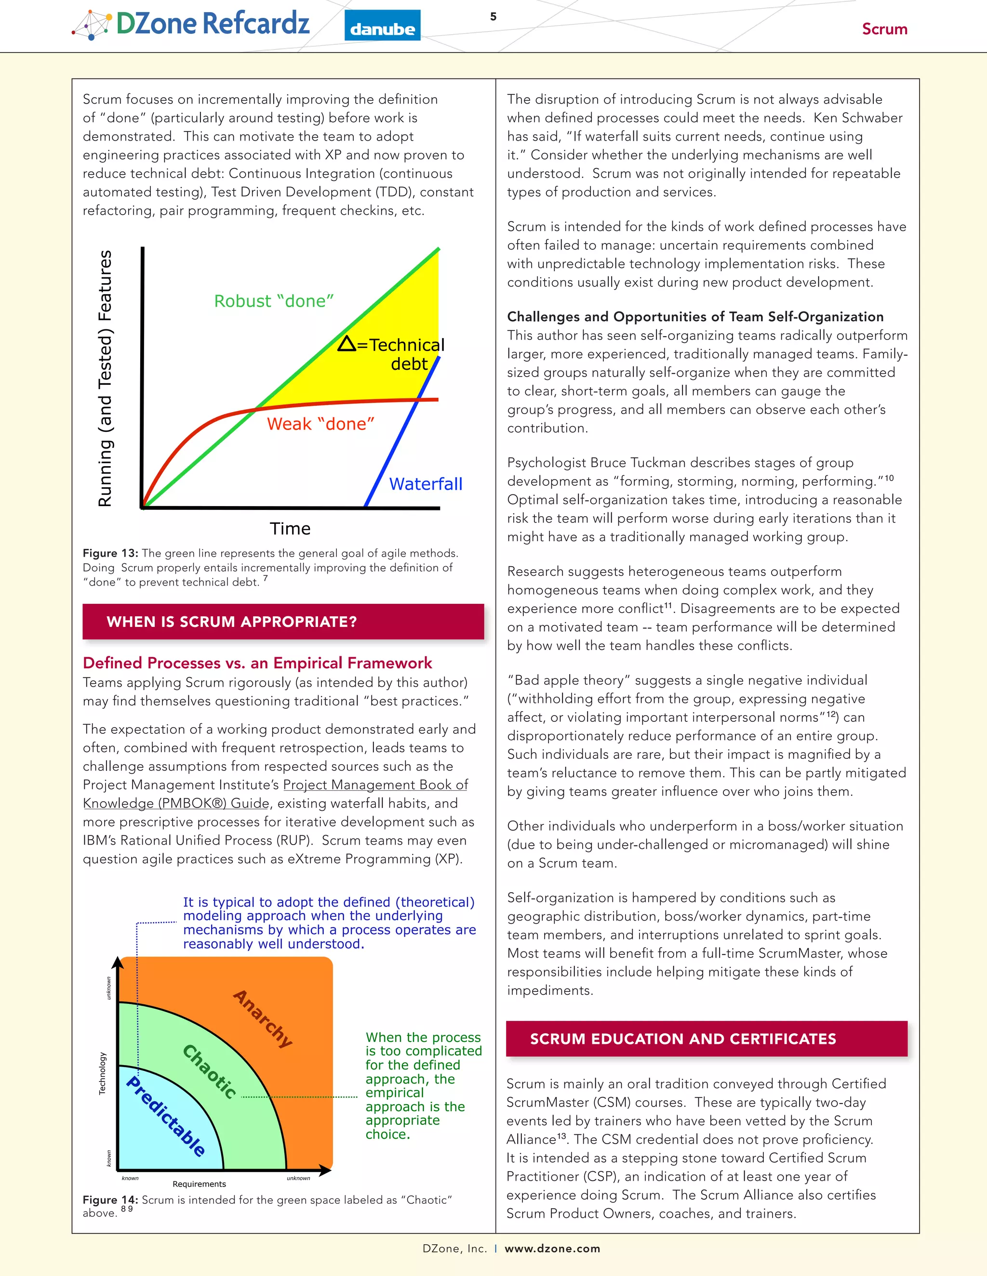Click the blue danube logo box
pyautogui.click(x=382, y=26)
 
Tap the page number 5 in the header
pyautogui.click(x=493, y=16)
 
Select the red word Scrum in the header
pyautogui.click(x=884, y=29)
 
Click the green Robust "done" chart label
pyautogui.click(x=274, y=301)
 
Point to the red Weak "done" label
pyautogui.click(x=320, y=424)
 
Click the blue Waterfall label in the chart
pyautogui.click(x=426, y=484)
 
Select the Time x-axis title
pyautogui.click(x=290, y=529)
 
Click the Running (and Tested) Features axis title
pyautogui.click(x=105, y=378)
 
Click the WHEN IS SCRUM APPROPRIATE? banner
pyautogui.click(x=283, y=622)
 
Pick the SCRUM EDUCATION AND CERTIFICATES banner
pyautogui.click(x=707, y=1039)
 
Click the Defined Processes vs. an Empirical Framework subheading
pyautogui.click(x=257, y=663)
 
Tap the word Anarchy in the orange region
pyautogui.click(x=263, y=1019)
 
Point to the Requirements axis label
pyautogui.click(x=199, y=1185)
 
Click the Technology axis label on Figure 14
pyautogui.click(x=103, y=1073)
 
